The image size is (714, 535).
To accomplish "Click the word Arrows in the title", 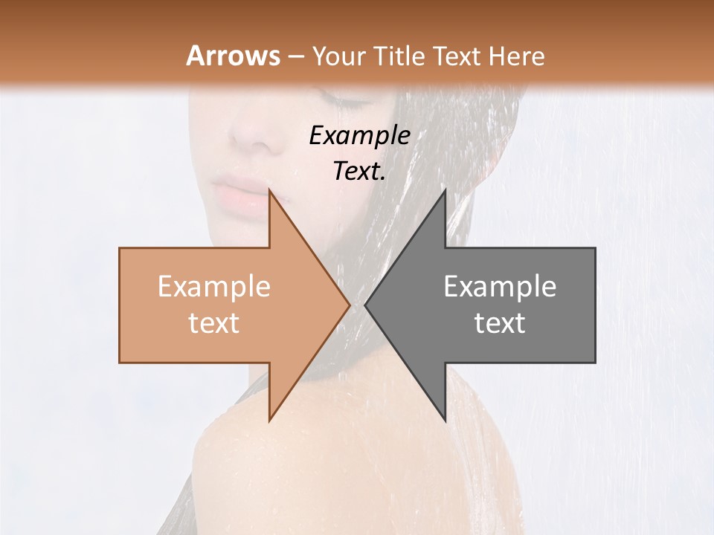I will (233, 56).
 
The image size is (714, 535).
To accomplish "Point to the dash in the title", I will (295, 56).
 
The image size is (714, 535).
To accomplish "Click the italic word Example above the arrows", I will (359, 136).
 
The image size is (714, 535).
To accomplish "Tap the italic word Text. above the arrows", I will (359, 172).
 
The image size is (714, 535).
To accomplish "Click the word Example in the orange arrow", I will (213, 287).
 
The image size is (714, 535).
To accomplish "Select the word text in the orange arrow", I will (213, 323).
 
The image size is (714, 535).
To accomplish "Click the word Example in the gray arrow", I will (500, 287).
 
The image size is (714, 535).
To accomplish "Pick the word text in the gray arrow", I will (500, 323).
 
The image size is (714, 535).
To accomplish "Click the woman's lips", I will (240, 195).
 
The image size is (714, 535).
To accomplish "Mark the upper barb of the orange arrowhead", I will (271, 195).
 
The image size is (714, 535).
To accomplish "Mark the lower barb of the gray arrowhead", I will (444, 418).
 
